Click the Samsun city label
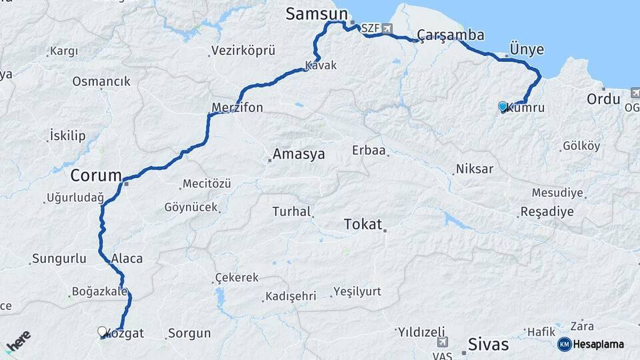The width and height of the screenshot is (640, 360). [x=317, y=13]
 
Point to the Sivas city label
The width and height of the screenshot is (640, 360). [x=488, y=345]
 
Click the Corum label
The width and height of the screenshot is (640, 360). [x=96, y=176]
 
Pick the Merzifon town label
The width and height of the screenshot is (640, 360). [x=237, y=107]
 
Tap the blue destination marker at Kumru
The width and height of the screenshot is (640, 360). [x=503, y=106]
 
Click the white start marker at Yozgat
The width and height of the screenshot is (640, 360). [x=102, y=331]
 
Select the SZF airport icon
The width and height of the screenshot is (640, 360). [x=387, y=29]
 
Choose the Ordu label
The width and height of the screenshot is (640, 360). [x=603, y=99]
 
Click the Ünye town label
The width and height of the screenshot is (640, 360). [x=527, y=49]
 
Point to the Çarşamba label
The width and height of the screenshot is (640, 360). [x=451, y=35]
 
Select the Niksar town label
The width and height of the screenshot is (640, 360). [x=475, y=169]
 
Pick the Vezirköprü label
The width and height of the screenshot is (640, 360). [x=243, y=51]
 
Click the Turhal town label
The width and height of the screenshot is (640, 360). [x=292, y=211]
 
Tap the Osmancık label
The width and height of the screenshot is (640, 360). [x=101, y=81]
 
